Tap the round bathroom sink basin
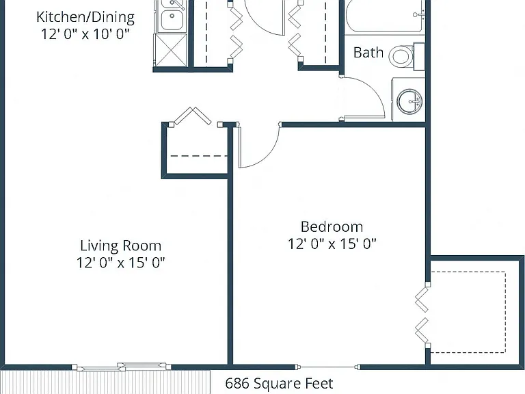[x=409, y=101]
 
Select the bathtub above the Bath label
[x=385, y=16]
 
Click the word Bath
[x=368, y=53]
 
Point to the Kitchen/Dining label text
[x=85, y=17]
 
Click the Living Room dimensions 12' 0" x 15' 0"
[x=121, y=263]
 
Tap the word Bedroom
[x=332, y=227]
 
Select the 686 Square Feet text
[x=279, y=383]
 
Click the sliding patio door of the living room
[x=122, y=367]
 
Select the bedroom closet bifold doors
[x=422, y=315]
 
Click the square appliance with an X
[x=170, y=50]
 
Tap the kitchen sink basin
[x=172, y=19]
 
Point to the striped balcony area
[x=105, y=382]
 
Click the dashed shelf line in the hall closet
[x=199, y=156]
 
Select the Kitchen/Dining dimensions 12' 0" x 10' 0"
[x=85, y=34]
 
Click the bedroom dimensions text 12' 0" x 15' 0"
[x=332, y=244]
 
